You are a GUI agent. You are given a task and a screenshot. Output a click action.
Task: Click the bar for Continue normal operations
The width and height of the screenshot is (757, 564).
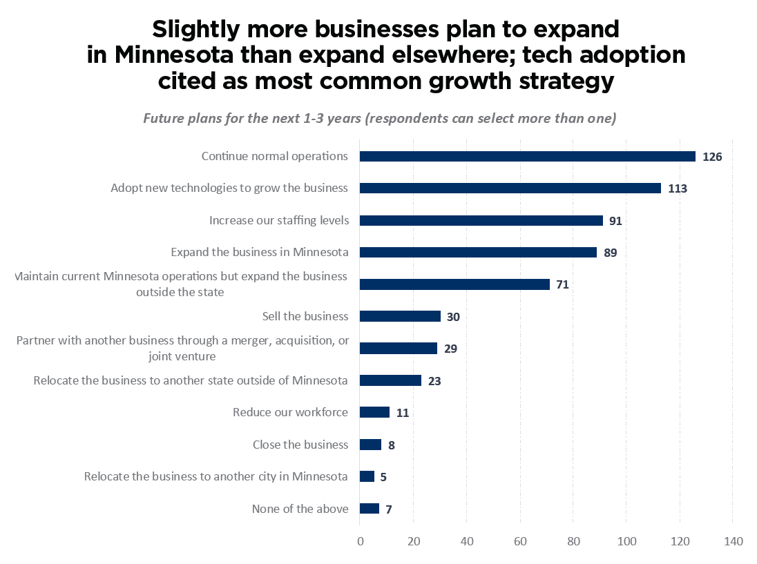pos(527,157)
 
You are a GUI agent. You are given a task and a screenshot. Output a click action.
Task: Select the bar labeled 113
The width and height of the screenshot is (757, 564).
pos(510,188)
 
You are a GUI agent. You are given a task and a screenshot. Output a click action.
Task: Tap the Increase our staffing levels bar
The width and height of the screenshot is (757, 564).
pos(481,221)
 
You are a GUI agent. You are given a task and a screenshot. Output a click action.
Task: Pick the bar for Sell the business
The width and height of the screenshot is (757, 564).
pos(400,316)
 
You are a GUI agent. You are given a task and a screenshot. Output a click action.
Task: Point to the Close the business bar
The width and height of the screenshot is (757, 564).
pos(370,445)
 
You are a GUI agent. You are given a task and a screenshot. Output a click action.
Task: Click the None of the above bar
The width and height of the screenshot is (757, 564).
pos(370,509)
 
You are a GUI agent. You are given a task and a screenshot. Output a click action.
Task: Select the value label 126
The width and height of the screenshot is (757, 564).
pos(712,157)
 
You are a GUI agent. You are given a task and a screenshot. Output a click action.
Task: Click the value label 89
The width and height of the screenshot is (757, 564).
pos(610,253)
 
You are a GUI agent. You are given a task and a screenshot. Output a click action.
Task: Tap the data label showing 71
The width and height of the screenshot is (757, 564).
pos(562,284)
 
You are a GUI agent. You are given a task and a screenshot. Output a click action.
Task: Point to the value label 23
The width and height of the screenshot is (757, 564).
pos(434,380)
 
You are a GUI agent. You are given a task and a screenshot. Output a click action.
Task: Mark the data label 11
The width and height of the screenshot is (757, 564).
pos(403,413)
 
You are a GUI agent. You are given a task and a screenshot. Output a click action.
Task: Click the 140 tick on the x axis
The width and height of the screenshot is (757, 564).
pos(733,541)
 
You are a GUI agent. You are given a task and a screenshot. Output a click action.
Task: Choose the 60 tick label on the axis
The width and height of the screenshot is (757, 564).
pos(519,541)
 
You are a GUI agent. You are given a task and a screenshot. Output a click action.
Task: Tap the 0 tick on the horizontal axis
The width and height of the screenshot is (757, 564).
pos(360,541)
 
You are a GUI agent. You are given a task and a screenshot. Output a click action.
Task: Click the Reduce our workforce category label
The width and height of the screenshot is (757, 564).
pos(290,412)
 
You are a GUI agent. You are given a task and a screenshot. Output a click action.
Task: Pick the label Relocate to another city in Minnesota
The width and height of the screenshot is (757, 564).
pos(215,476)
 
